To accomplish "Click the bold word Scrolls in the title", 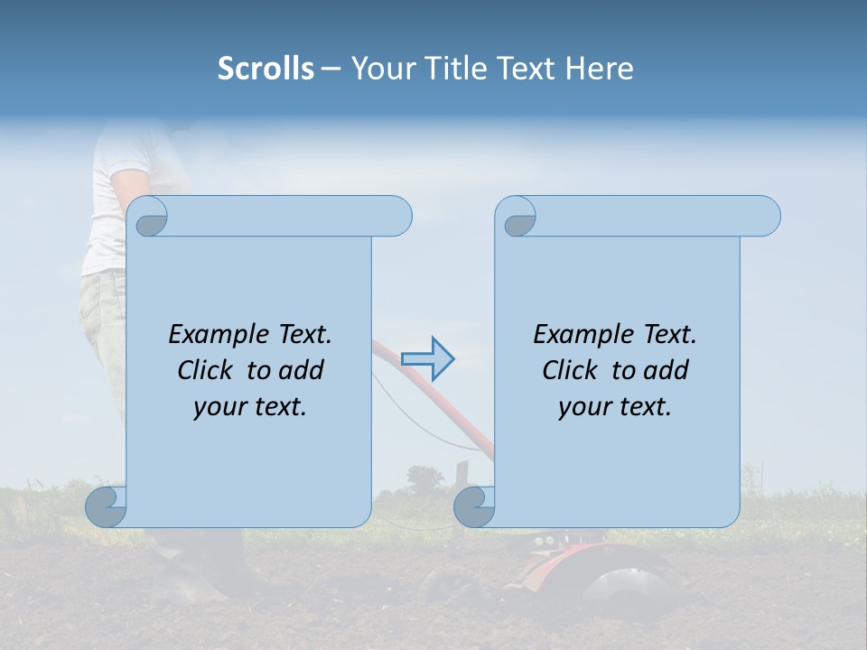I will click(266, 69).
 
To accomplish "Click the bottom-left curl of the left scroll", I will click(105, 506).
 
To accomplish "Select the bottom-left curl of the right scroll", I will click(473, 506).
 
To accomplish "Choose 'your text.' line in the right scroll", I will click(615, 406).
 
